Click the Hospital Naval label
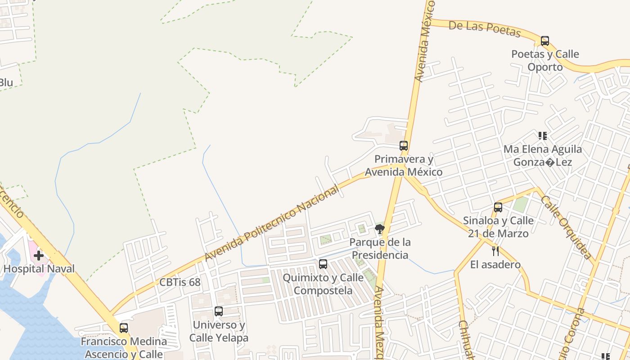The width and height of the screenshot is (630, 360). (x=39, y=269)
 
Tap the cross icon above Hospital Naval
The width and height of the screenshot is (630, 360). (x=39, y=256)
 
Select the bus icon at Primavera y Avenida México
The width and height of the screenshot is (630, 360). (x=404, y=146)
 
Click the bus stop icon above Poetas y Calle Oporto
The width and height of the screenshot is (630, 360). (x=545, y=41)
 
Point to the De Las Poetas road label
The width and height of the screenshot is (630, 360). (x=485, y=29)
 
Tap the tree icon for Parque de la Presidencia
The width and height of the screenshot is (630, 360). (x=380, y=229)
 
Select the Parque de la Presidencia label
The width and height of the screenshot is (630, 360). (x=380, y=248)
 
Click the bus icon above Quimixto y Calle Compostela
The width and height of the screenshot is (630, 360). (x=323, y=264)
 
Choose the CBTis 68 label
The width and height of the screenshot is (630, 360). (x=180, y=283)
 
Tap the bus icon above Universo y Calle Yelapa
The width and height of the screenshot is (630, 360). (x=219, y=311)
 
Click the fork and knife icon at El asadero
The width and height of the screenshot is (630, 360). (x=495, y=251)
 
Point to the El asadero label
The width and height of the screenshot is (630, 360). (x=495, y=264)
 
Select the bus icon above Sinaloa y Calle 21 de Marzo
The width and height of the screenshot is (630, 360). (x=498, y=207)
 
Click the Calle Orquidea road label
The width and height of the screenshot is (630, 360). (x=566, y=227)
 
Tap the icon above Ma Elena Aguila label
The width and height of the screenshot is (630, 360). (x=543, y=135)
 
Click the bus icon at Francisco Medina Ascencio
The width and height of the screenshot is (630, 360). (x=124, y=328)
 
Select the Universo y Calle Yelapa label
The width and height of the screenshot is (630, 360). (x=219, y=331)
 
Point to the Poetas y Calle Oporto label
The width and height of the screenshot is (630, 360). (x=545, y=60)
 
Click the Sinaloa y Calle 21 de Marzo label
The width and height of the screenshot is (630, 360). (x=498, y=227)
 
